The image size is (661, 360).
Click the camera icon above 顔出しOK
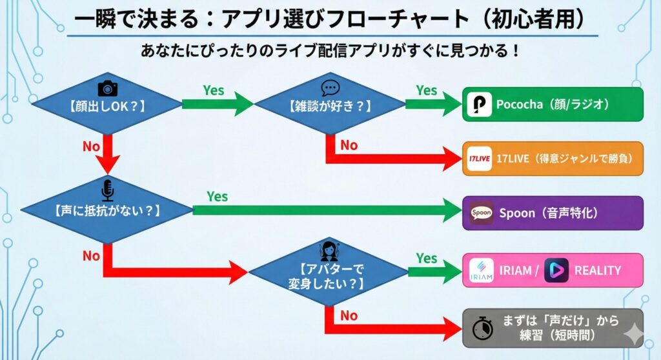coord(107,88)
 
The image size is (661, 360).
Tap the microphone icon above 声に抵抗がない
coord(107,190)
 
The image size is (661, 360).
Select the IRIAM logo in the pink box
coord(481,271)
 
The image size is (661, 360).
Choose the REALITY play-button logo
coord(556,270)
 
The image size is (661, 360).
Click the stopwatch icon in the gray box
coord(482,328)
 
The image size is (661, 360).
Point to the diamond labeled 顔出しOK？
coord(107,105)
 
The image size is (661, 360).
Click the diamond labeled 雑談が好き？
coord(330,105)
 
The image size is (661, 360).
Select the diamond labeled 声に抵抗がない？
coord(107,210)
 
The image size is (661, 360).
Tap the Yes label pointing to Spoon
coord(217,196)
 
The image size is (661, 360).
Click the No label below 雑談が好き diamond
coord(349,145)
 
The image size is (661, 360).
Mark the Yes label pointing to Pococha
coord(427,90)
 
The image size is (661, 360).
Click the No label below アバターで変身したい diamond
coord(349,315)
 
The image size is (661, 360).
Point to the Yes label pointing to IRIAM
coord(427,258)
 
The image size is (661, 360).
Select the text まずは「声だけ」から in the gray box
coord(561,320)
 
